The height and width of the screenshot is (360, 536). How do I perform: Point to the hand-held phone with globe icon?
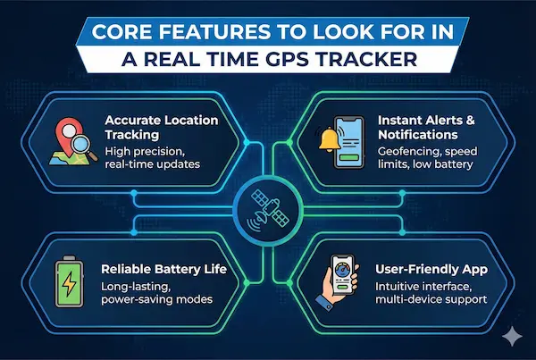pyautogui.click(x=340, y=280)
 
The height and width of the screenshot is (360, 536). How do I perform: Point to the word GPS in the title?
pyautogui.click(x=325, y=63)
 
